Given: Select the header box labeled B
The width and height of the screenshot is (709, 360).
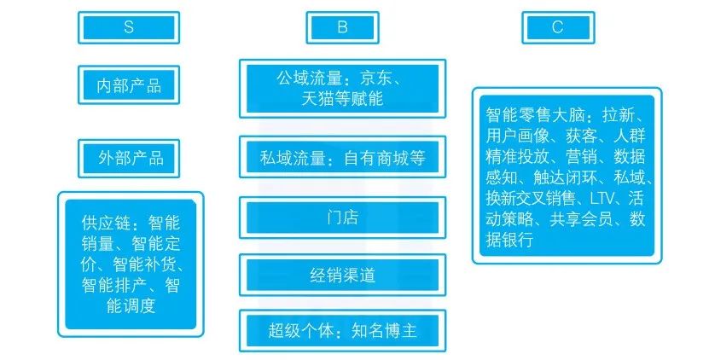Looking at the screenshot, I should tap(342, 27).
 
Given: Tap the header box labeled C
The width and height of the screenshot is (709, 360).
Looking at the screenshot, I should tap(557, 27).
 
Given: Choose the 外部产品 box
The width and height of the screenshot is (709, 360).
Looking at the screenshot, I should tap(131, 158).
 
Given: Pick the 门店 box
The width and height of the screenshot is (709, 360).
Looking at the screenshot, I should tap(342, 218).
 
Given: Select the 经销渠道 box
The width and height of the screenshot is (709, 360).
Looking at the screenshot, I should tap(342, 275).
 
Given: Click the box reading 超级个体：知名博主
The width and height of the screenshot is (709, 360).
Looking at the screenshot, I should tap(342, 328).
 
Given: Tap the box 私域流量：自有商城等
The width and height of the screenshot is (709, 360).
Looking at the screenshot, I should tap(342, 159).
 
